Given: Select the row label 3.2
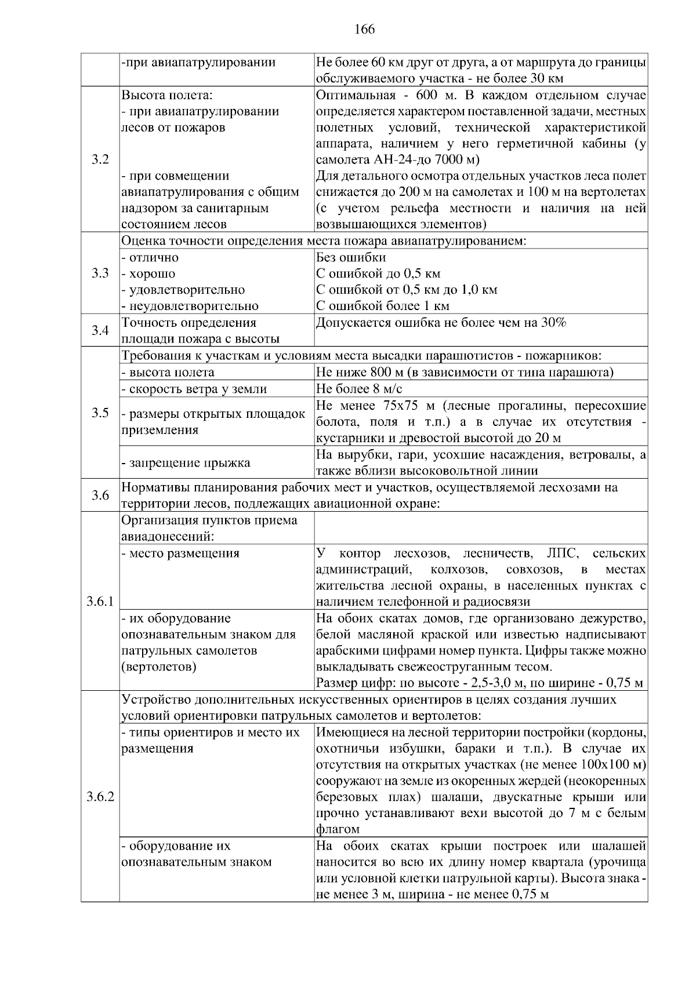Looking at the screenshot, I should coord(100,159).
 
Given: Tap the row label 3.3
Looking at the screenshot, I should coord(100,274).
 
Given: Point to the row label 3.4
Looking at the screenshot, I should coord(100,331).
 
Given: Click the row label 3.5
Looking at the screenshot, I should coord(100,413).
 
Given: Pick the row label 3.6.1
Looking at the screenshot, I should coord(100,602).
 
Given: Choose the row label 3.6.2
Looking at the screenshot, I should coord(100,797).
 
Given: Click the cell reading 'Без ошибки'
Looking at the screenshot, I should coord(351,257).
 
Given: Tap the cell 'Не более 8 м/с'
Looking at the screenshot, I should coord(359,389).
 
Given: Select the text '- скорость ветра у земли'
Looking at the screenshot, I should coord(194,389).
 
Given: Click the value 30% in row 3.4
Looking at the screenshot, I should coord(553,323).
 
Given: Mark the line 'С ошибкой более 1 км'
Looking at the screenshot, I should coord(383,306).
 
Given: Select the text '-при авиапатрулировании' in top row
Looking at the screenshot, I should coord(198,62).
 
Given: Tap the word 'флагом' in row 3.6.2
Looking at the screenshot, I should coord(338,829).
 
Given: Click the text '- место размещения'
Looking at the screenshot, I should coord(180,553).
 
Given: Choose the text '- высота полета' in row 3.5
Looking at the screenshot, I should coord(168,373).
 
